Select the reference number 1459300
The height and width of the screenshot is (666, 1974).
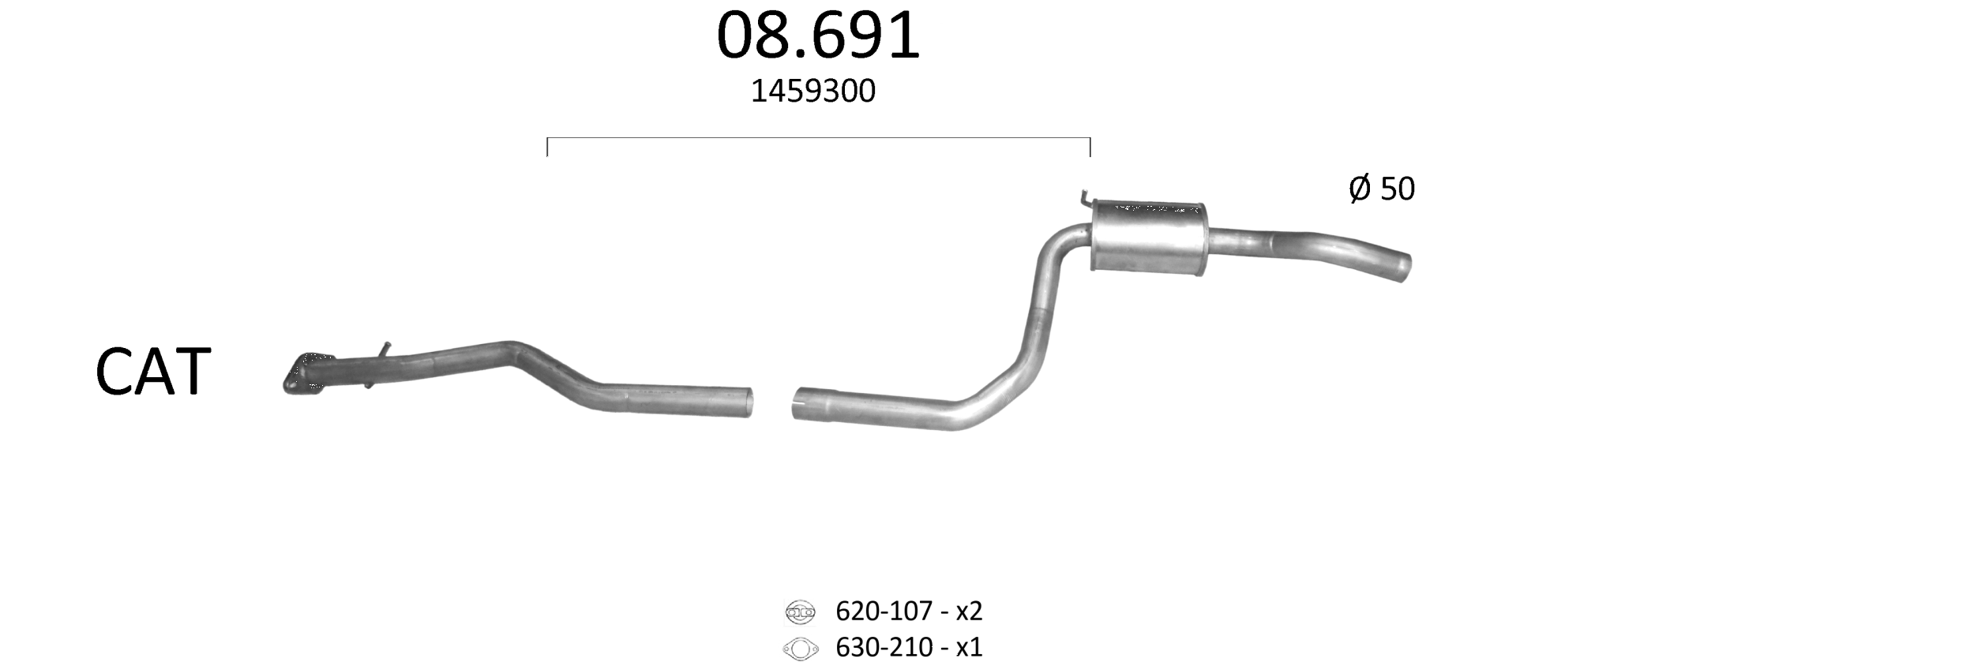point(812,92)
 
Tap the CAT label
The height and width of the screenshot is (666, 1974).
point(153,372)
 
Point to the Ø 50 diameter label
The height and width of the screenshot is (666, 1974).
point(1382,189)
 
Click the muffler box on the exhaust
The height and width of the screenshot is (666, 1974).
point(1149,238)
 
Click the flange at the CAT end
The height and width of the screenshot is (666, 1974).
point(304,373)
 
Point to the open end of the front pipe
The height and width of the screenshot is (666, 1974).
point(747,402)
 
